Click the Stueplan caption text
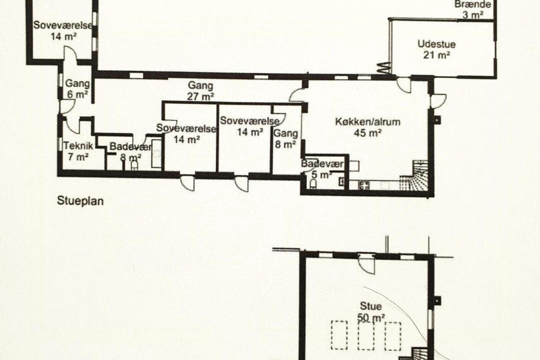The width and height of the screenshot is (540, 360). click(x=80, y=201)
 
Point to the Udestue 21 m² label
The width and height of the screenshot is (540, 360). click(x=436, y=49)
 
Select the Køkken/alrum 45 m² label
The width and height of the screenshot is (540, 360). click(x=368, y=127)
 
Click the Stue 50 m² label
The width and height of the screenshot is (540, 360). click(x=371, y=312)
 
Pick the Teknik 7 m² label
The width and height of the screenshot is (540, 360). click(x=78, y=151)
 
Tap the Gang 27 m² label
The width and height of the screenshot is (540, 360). click(x=201, y=91)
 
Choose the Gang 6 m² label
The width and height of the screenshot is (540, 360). click(x=77, y=88)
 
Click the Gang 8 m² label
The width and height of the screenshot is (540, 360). click(x=285, y=138)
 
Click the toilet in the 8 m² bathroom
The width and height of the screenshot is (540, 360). click(x=134, y=166)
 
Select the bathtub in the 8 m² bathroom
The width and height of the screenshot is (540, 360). click(x=156, y=154)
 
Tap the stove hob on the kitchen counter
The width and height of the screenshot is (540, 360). click(x=364, y=185)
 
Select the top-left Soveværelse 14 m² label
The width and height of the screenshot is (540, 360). click(x=62, y=30)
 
